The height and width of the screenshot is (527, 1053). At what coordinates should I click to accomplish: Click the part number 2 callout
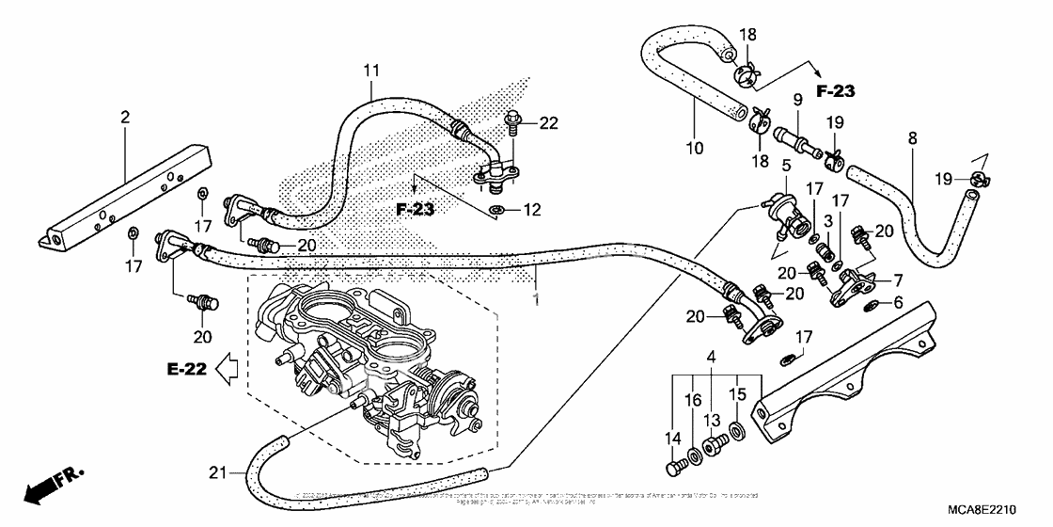point(124,117)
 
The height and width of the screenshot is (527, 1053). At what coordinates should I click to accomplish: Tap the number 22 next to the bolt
point(548,122)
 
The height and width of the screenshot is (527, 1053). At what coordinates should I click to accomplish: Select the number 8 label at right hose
point(911,136)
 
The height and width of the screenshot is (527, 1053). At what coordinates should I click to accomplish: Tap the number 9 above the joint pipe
point(796,98)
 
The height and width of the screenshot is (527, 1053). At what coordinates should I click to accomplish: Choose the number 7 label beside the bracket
point(898,279)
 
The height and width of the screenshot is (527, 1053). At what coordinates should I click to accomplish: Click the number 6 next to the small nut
point(898,302)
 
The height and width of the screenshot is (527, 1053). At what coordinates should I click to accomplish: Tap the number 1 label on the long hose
point(536,298)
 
